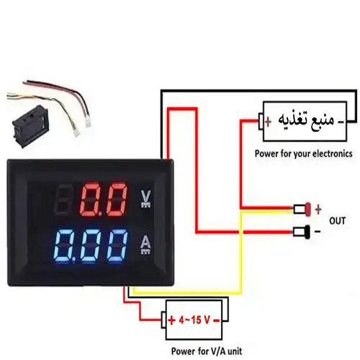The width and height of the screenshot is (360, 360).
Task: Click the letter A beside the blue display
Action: tap(145, 243)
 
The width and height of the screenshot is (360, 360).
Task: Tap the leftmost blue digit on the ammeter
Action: tap(63, 246)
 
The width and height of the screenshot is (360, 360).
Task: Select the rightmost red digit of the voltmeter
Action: tap(116, 199)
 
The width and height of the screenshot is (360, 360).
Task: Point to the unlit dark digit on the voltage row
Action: tap(62, 199)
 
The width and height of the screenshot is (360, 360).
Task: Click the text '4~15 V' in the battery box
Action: tap(194, 320)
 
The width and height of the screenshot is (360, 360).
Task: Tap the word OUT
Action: tap(337, 220)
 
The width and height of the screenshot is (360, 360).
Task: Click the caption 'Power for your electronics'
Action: tap(304, 153)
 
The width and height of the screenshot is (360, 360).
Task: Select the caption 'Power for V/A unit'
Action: tap(207, 351)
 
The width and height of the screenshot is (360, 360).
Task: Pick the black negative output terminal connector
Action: tap(302, 232)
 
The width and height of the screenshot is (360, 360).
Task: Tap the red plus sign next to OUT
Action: tap(318, 210)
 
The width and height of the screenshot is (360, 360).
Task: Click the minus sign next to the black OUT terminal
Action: tap(318, 231)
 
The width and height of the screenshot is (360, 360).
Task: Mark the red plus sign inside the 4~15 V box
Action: tap(172, 320)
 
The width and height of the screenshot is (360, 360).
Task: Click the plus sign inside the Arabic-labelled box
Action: tap(269, 122)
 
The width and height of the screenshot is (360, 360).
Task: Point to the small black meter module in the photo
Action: tap(31, 126)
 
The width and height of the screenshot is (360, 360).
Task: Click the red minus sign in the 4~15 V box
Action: tap(216, 320)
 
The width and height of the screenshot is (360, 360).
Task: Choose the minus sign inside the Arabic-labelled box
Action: tap(341, 122)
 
